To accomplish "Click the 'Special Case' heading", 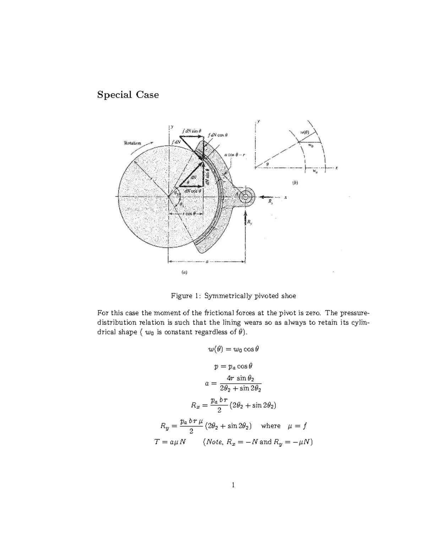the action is (x=128, y=95).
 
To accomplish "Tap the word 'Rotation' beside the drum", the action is (x=132, y=143).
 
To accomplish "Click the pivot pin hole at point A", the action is (x=245, y=197).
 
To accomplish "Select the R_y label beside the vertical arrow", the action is (x=250, y=223).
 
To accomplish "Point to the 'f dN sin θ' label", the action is (x=191, y=131).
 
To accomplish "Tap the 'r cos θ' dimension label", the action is (x=187, y=214).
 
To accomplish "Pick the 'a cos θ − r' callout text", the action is (x=234, y=155).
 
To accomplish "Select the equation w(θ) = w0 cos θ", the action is (x=233, y=349).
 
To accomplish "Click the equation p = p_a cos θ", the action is (x=233, y=366).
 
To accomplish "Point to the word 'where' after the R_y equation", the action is (x=271, y=426).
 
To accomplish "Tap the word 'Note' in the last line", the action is (x=213, y=442).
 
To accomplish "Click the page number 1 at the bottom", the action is (x=233, y=485).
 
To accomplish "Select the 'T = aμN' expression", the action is (x=170, y=442).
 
